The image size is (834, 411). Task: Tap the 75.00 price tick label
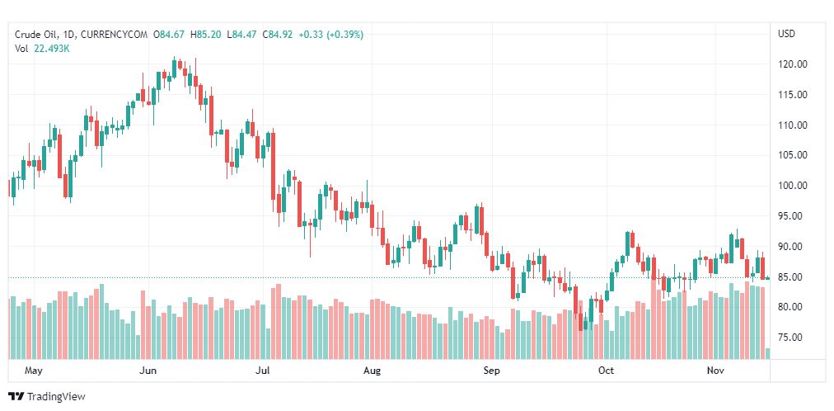coord(792,338)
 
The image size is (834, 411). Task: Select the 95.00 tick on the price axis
coord(792,216)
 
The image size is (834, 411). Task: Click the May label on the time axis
coord(34,371)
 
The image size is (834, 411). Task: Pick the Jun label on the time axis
coord(149,371)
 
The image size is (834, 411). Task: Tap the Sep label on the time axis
coord(491,371)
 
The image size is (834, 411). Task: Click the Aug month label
coord(372,371)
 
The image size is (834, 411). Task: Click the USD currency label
coord(786,34)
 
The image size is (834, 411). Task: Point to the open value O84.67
coord(170,34)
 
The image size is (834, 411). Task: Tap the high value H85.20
coord(206,34)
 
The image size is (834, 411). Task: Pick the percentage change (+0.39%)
coord(344,34)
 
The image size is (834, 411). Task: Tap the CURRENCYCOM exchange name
coord(115,34)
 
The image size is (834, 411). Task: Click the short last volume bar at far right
coord(768,354)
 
